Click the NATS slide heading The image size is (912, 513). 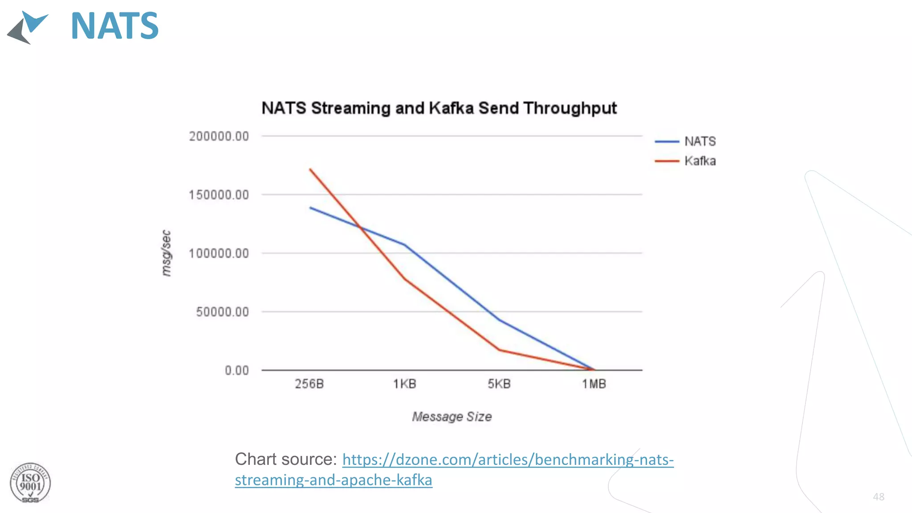114,26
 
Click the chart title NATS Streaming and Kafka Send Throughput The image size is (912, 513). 439,108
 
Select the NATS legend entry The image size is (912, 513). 700,142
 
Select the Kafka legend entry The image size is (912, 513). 700,161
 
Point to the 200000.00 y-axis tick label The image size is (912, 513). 219,136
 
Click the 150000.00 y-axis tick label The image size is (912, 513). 219,195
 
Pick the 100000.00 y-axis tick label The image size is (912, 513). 219,253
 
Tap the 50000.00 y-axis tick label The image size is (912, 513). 222,312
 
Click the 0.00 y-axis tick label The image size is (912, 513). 236,370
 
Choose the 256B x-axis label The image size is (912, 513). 309,384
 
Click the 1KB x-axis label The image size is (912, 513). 404,384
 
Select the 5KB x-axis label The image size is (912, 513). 499,384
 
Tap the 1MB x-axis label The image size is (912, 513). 594,384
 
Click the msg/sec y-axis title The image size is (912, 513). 166,253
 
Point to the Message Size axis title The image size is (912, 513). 452,417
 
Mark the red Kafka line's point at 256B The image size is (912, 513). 310,170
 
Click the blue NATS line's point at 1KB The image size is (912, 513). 404,244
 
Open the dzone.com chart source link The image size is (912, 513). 508,460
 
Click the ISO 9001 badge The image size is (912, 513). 30,483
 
